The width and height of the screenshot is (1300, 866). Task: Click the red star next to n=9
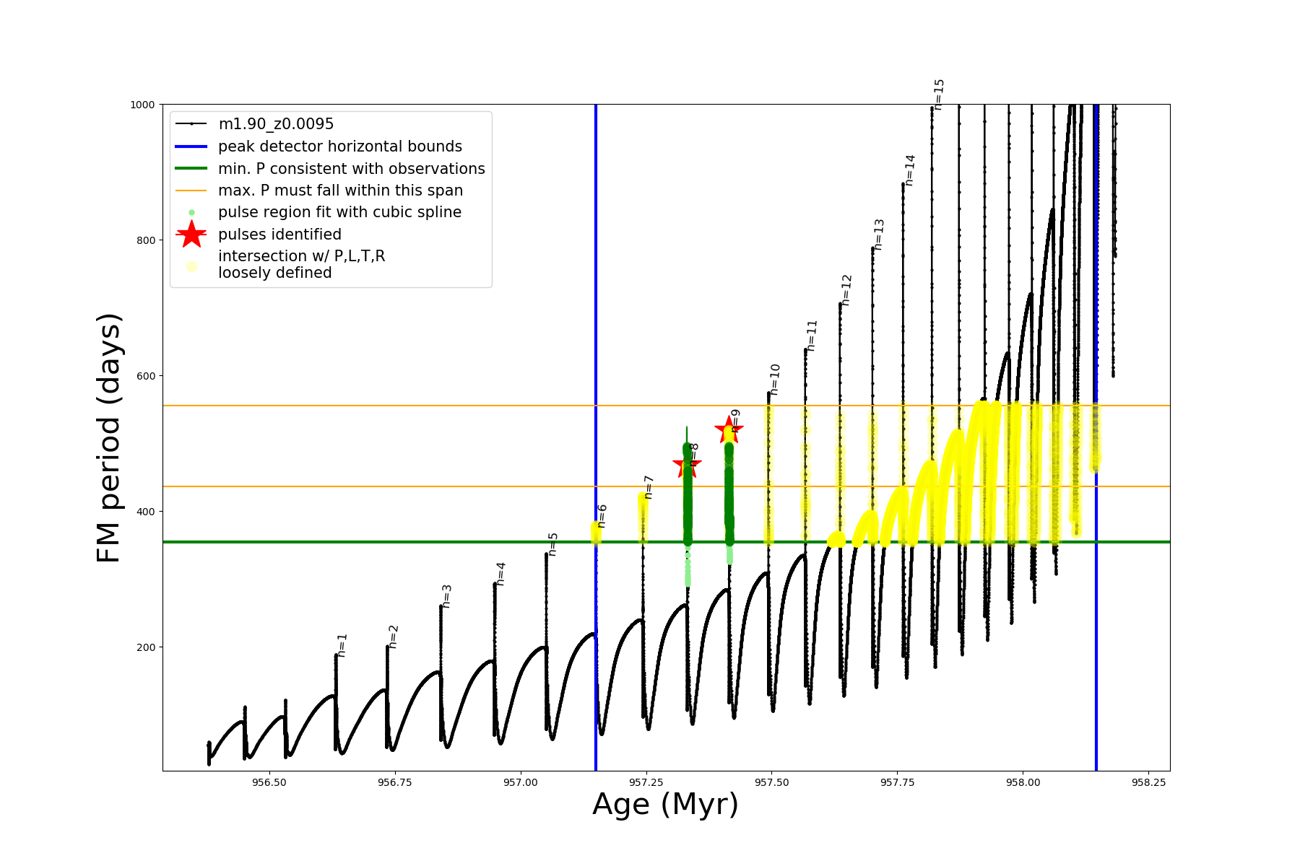[x=728, y=431]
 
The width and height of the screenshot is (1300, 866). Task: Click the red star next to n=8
[x=686, y=464]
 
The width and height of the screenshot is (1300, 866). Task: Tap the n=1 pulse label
[x=342, y=645]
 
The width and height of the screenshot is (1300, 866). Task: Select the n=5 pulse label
[x=552, y=544]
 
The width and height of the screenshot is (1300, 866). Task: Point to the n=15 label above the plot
[x=938, y=95]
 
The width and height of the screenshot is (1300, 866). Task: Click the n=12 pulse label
[x=846, y=290]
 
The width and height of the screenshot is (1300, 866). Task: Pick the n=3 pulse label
[x=446, y=596]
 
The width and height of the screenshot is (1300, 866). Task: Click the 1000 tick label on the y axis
[x=142, y=105]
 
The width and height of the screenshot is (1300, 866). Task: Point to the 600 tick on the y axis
[x=147, y=376]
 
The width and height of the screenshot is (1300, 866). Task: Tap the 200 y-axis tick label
[x=147, y=647]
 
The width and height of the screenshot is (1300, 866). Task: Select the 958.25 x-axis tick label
[x=1148, y=782]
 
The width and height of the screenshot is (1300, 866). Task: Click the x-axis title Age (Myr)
[x=665, y=805]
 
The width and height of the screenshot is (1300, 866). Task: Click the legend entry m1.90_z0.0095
[x=276, y=124]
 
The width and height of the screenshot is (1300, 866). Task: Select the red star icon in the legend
[x=191, y=235]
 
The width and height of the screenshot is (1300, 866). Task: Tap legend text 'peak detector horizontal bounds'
[x=340, y=146]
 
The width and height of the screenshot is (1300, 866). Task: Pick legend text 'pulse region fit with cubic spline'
[x=339, y=212]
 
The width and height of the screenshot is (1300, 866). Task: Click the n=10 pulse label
[x=775, y=380]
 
